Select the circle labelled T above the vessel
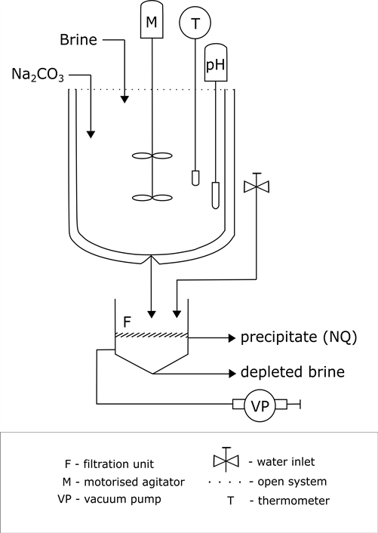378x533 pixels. [x=195, y=24]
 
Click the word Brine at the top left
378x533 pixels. [x=79, y=39]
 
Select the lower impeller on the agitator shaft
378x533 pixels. [x=153, y=198]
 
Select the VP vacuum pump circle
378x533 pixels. [x=257, y=407]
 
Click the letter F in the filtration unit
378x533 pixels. [x=127, y=322]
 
